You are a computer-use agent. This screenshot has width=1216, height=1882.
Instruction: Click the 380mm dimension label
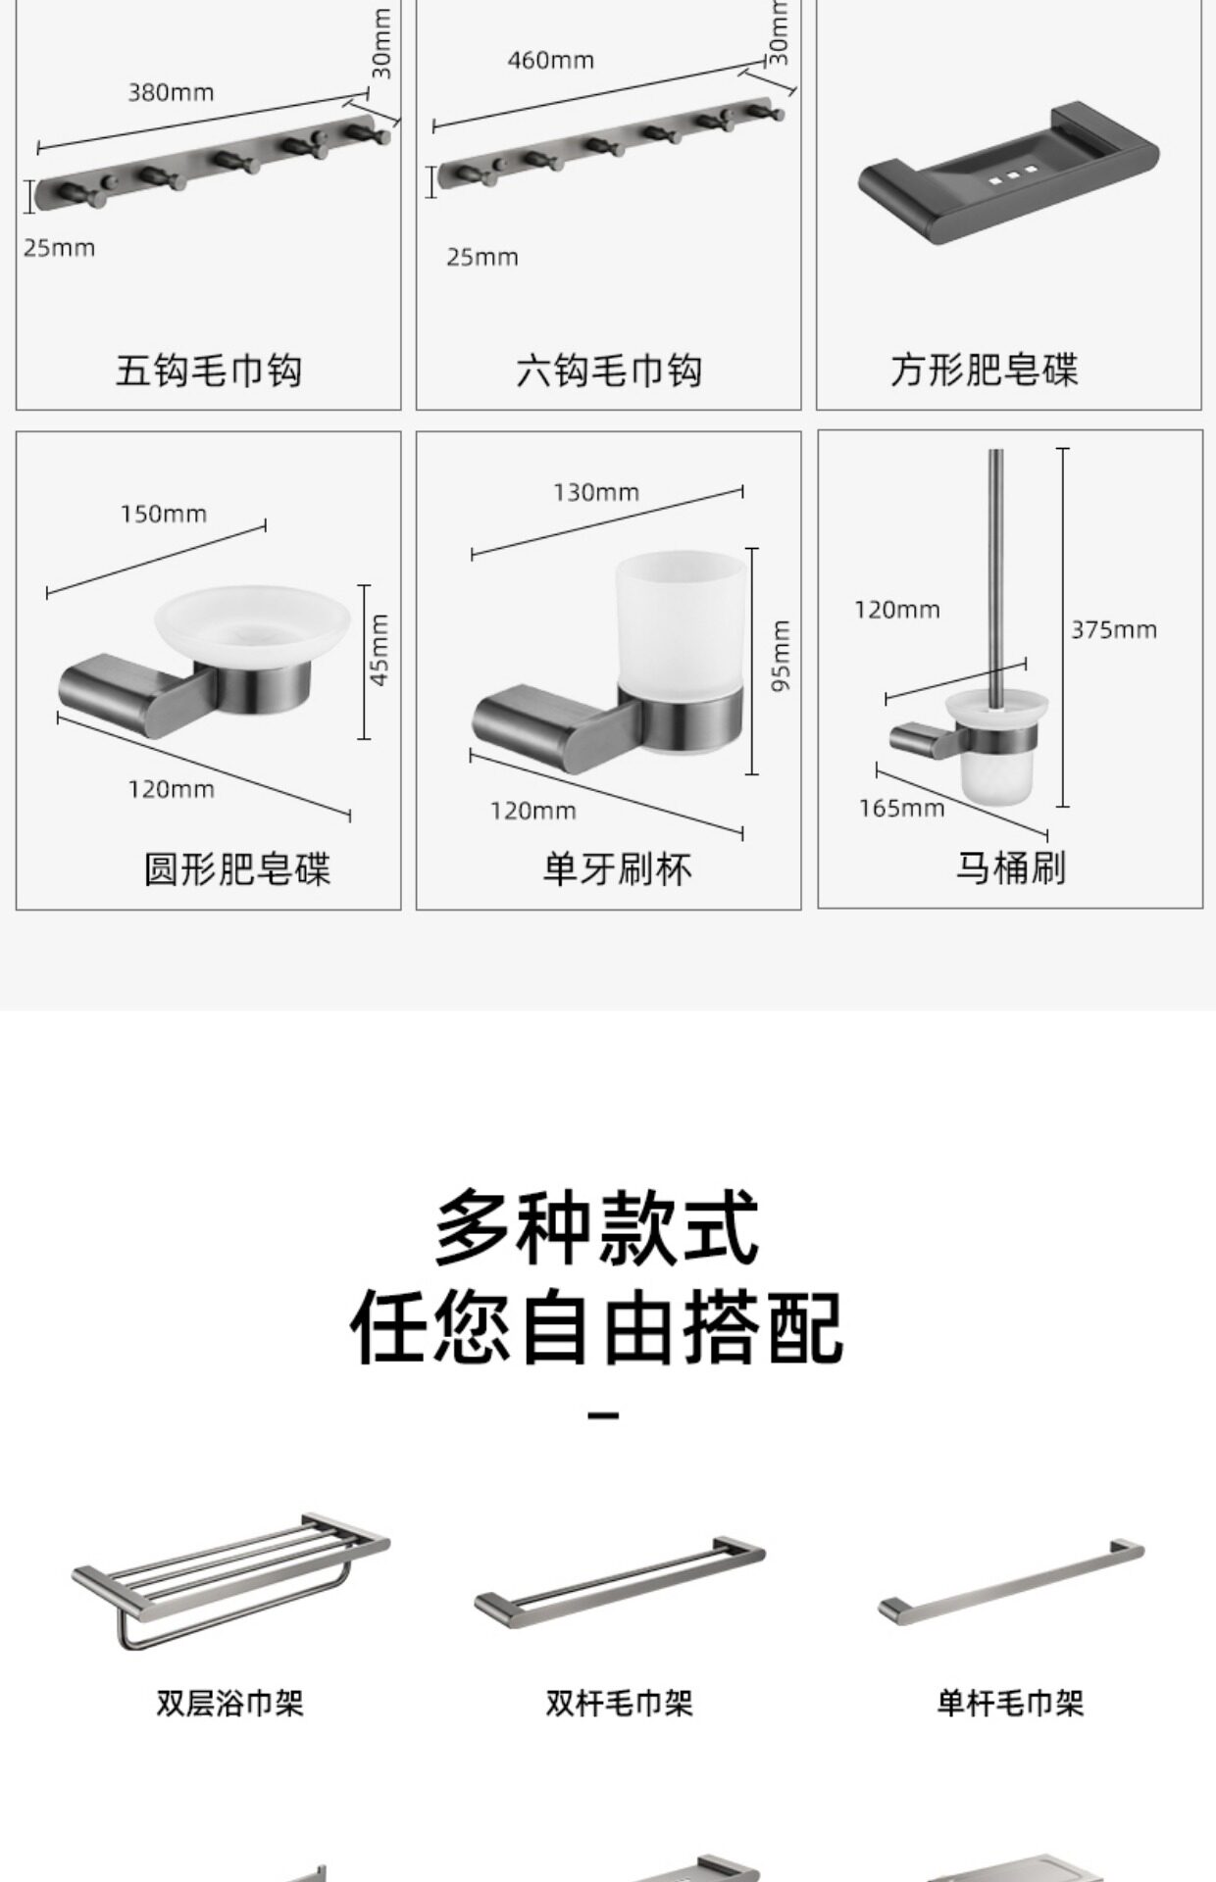point(171,93)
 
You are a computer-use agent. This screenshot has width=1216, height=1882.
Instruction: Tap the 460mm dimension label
point(550,61)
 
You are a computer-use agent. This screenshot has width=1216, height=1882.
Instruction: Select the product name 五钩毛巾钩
point(208,371)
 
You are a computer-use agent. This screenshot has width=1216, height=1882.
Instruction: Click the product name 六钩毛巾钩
point(608,371)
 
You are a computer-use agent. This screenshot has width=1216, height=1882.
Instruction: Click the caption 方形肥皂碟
point(984,371)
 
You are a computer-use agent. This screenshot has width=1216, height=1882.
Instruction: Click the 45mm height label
point(380,649)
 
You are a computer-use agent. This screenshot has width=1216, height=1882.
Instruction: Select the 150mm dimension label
point(164,514)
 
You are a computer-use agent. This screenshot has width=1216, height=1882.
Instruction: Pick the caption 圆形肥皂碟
point(237,869)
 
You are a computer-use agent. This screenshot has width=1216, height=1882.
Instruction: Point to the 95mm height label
point(781,656)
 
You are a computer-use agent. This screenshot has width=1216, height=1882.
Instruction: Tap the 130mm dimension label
point(595,492)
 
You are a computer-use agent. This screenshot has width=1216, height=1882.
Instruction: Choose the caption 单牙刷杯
point(617,869)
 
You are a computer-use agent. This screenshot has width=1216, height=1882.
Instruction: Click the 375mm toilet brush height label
point(1113,630)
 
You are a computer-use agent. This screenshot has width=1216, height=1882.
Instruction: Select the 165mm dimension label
point(901,809)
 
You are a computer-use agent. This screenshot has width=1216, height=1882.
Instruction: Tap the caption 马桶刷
point(1010,867)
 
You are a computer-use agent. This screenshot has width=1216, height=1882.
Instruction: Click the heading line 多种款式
point(597,1228)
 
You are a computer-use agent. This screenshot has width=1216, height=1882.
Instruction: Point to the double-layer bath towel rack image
point(230,1577)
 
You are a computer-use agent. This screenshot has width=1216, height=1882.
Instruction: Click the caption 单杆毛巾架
point(1010,1704)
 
